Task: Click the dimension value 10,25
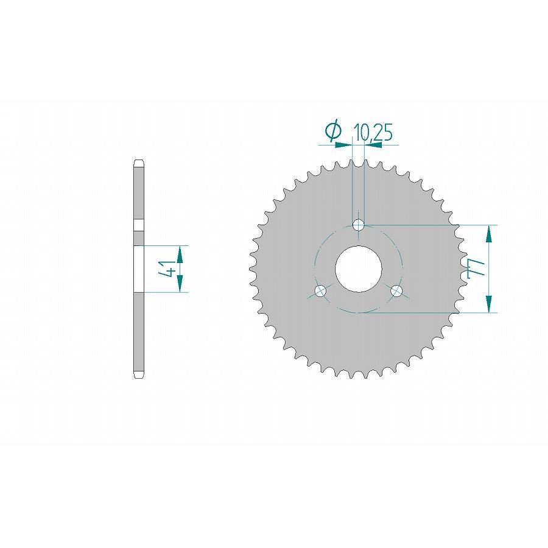(x=373, y=133)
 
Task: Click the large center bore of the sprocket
(x=359, y=269)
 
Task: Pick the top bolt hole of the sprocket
(x=359, y=225)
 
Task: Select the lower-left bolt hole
(x=321, y=290)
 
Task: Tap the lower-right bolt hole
(x=396, y=290)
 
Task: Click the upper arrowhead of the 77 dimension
(x=489, y=233)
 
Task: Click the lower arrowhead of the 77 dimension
(x=489, y=305)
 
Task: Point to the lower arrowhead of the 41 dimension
(x=180, y=284)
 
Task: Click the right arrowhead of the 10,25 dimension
(x=371, y=144)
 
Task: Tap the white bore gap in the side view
(x=139, y=269)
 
